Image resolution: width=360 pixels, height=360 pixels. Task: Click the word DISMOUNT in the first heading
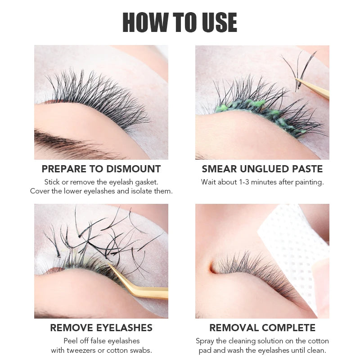pos(133,169)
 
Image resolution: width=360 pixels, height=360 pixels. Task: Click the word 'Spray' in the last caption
pos(205,341)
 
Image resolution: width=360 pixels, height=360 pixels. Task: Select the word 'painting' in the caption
pos(309,182)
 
